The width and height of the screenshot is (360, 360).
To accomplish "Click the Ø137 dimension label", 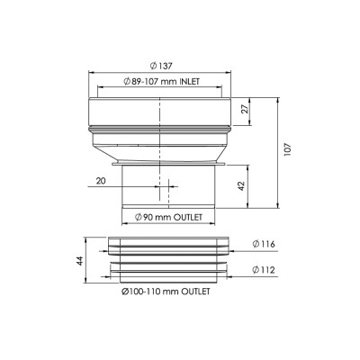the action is point(161,66).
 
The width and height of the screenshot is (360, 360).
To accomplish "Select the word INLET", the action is point(190,82).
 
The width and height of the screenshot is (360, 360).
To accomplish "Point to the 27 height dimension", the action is point(246,109).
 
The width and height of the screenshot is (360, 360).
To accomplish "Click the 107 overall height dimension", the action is point(287,149).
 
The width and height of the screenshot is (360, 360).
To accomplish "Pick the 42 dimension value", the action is point(242,186).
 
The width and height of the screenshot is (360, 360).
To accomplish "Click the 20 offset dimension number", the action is point(101,181).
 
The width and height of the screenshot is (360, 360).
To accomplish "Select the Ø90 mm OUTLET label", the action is point(168,217).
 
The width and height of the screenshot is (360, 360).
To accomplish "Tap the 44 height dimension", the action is point(79,260).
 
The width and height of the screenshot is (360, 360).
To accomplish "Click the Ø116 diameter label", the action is point(264,244).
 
